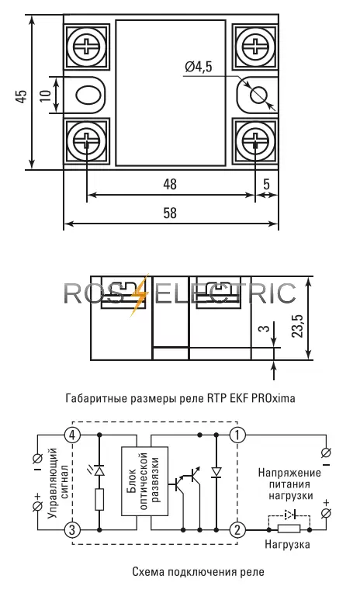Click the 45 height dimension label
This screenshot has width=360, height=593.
pyautogui.click(x=21, y=95)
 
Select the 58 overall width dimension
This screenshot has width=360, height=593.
pyautogui.click(x=169, y=213)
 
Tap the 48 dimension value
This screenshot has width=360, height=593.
pyautogui.click(x=169, y=184)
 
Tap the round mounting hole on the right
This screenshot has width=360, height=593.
pyautogui.click(x=258, y=95)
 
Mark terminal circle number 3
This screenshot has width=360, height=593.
pyautogui.click(x=73, y=529)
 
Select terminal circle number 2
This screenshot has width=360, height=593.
pyautogui.click(x=237, y=529)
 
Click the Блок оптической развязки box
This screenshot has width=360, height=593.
pyautogui.click(x=143, y=481)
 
